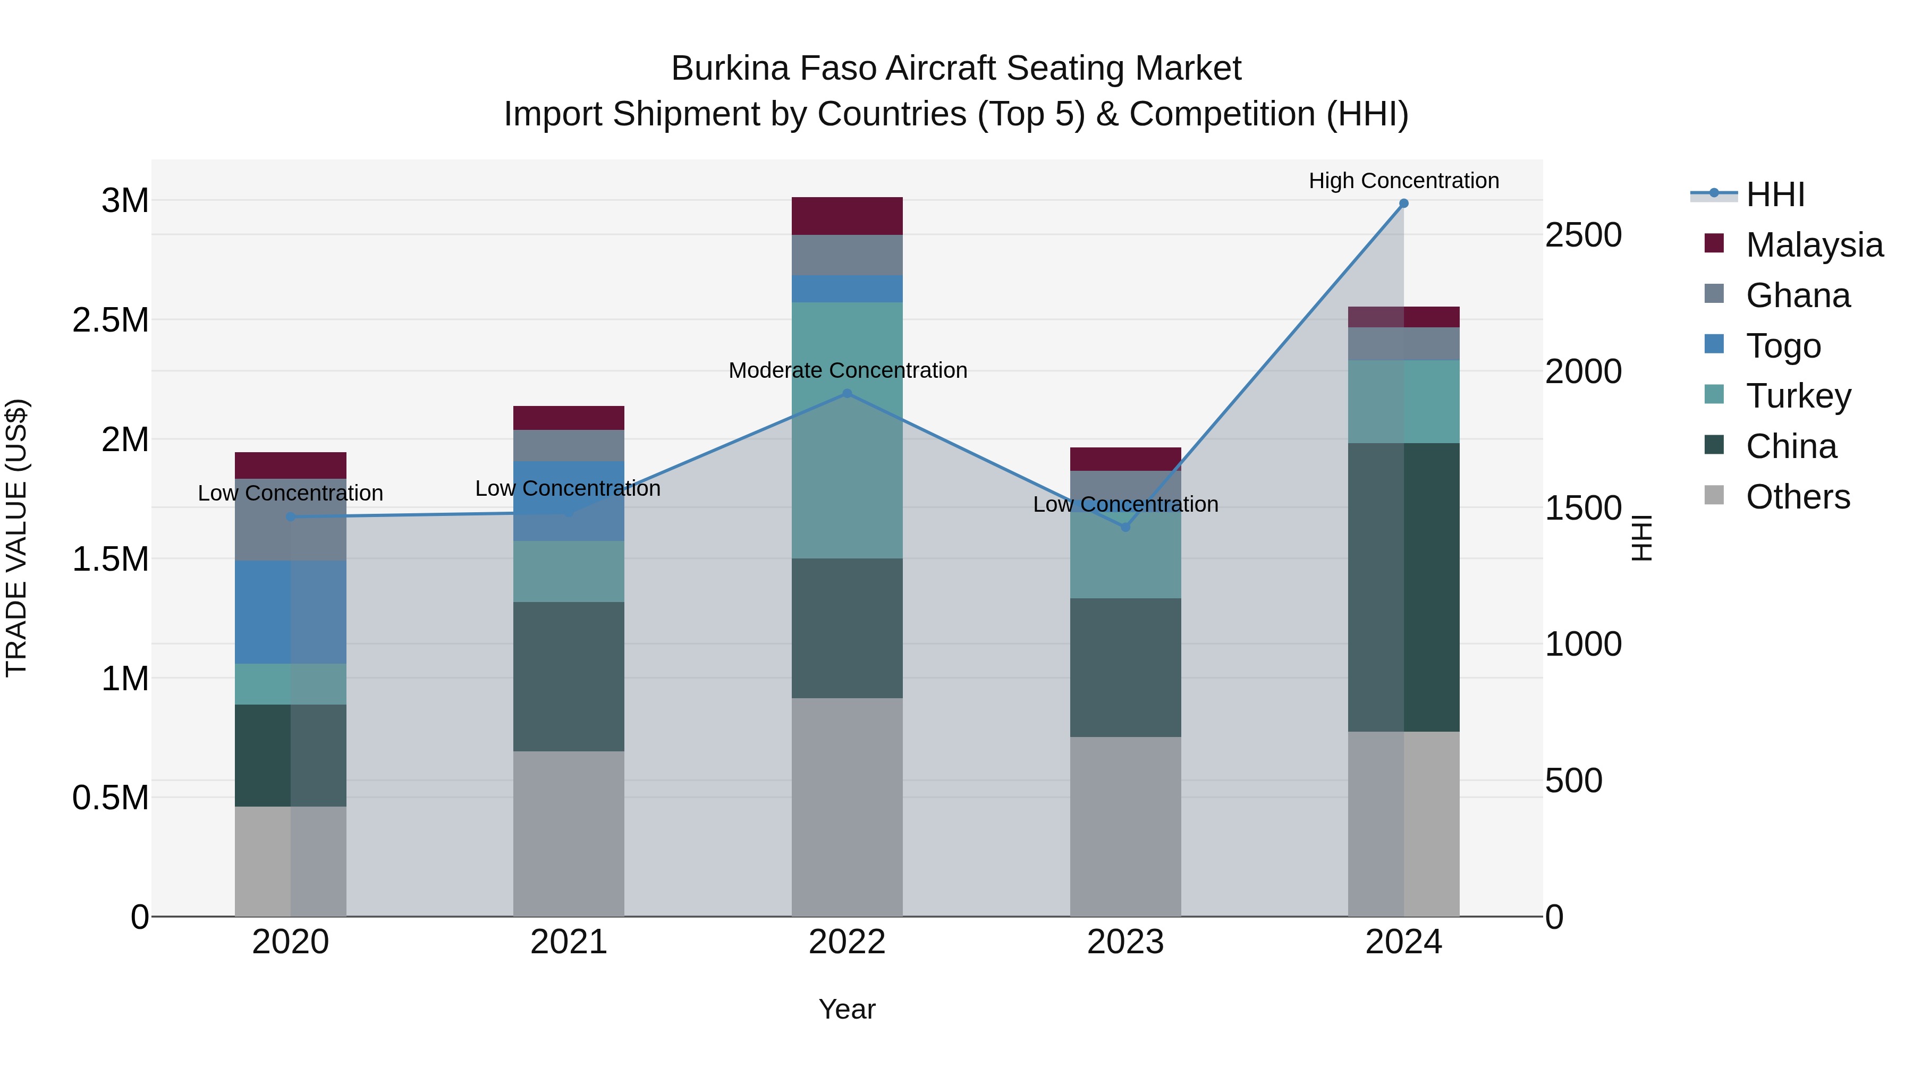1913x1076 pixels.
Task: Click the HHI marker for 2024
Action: coord(1403,204)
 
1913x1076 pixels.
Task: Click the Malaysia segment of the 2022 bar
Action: coord(848,216)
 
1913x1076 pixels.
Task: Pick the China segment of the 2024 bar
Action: coord(1403,587)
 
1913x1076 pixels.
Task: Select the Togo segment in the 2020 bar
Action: coord(290,612)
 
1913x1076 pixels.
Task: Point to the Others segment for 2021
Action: coord(569,833)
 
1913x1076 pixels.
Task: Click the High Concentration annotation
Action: coord(1403,181)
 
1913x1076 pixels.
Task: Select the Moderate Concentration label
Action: coord(848,370)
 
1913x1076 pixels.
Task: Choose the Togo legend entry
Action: coord(1782,346)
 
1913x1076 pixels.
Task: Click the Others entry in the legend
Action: coord(1797,497)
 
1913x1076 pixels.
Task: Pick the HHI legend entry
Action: coord(1775,194)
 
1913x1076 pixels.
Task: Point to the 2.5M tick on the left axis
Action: coord(111,320)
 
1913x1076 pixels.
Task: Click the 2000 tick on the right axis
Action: coord(1584,371)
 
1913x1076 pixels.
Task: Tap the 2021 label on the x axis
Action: coord(569,942)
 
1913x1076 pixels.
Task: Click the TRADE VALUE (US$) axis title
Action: coord(16,538)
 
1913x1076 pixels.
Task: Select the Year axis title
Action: coord(848,1009)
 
